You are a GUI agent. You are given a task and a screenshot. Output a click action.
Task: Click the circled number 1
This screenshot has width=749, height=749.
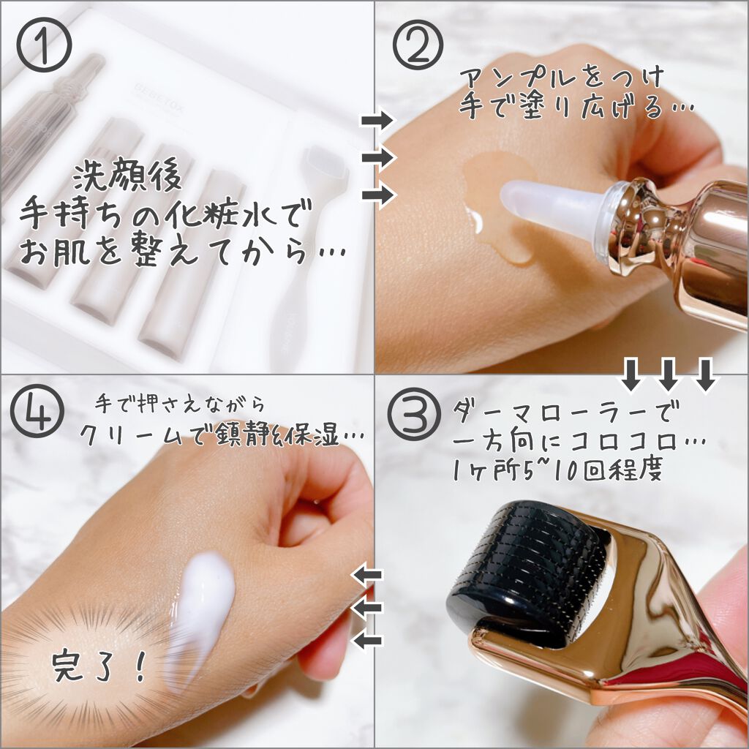(x=44, y=45)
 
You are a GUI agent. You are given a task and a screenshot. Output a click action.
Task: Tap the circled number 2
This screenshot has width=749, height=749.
(x=418, y=45)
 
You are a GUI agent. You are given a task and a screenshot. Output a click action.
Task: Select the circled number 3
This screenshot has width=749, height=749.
(x=413, y=414)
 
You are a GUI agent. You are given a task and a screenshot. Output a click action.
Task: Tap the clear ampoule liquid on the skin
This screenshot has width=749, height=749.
(x=497, y=206)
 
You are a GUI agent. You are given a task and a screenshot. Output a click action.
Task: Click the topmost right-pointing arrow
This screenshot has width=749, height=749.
(x=378, y=120)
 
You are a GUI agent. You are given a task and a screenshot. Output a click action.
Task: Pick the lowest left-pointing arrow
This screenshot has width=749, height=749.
(x=367, y=641)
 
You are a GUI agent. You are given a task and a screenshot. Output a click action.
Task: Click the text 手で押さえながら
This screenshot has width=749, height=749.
(x=179, y=405)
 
